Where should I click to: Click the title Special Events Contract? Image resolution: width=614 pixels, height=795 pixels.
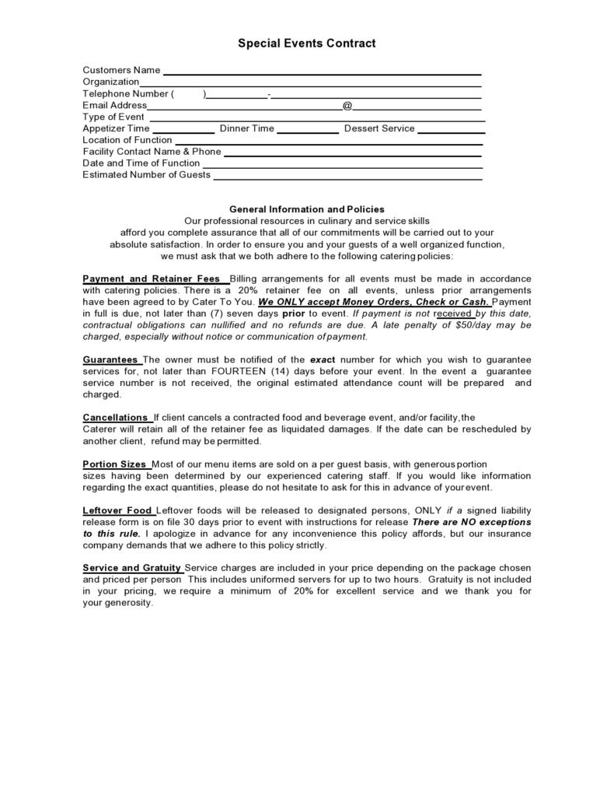306,44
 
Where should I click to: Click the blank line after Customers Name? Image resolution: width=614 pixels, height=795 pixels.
322,72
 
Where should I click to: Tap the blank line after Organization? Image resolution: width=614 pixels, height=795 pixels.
310,84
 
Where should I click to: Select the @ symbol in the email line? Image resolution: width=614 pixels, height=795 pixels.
347,105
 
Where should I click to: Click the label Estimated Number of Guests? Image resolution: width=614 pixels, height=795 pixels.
146,175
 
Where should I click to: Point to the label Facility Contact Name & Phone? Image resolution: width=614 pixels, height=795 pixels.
152,152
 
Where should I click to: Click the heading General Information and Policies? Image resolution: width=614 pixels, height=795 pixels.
306,209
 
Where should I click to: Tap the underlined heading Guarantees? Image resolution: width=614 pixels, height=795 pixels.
110,359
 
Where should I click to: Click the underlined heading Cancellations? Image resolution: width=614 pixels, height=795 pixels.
115,417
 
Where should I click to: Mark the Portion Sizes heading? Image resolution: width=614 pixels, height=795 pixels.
114,464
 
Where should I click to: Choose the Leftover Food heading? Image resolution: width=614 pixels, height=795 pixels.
117,510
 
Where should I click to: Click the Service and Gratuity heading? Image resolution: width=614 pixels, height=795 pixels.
132,568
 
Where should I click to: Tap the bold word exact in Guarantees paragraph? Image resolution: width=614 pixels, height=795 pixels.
323,359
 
